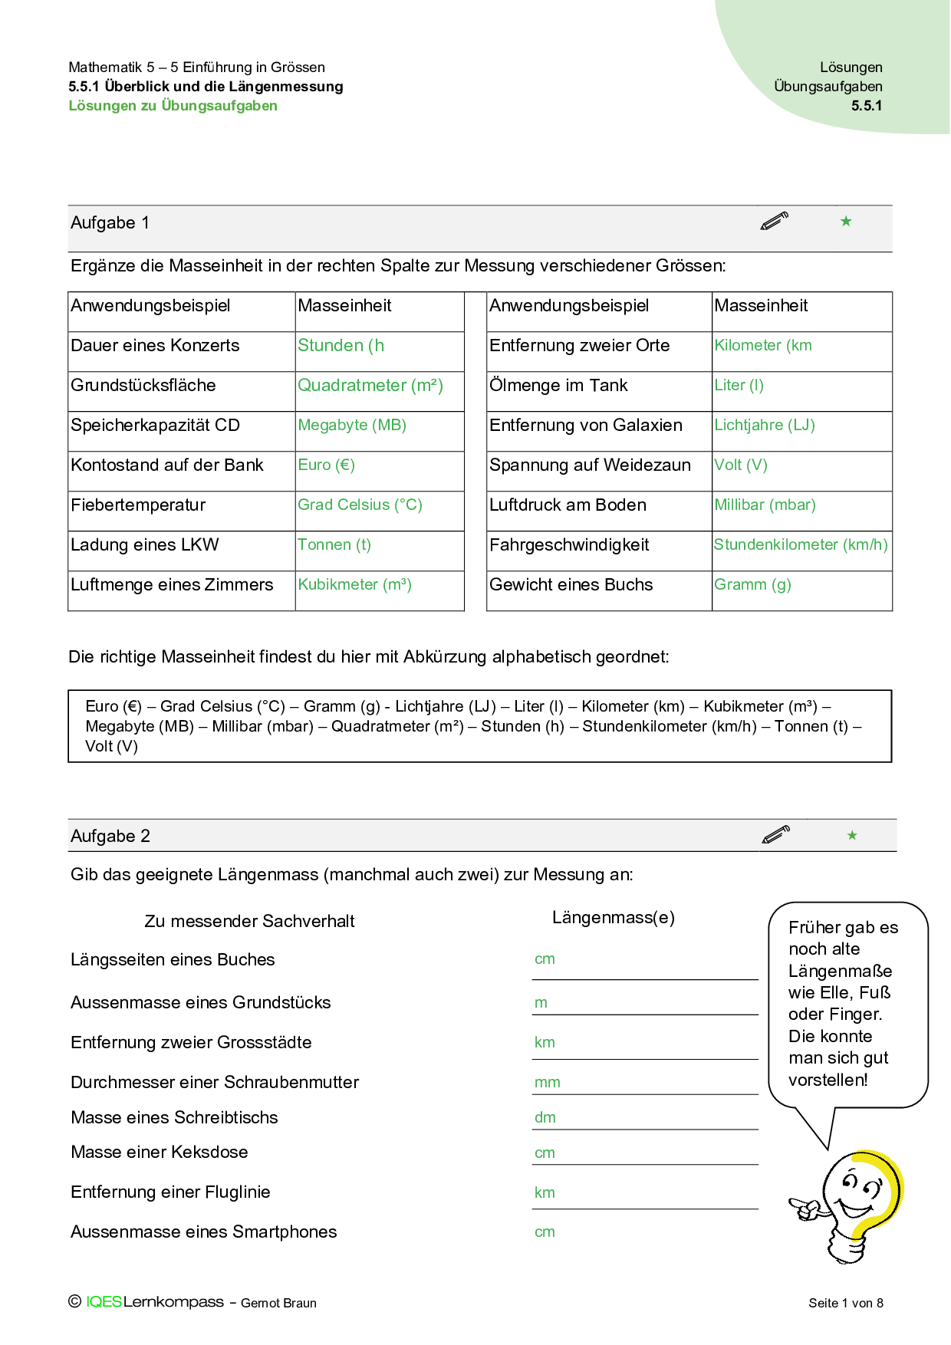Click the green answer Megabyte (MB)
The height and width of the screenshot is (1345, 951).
(x=352, y=426)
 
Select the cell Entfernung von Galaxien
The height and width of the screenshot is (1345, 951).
(x=586, y=426)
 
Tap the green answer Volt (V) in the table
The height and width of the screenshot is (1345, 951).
(x=741, y=465)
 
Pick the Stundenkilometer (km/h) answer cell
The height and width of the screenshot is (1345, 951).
(x=801, y=545)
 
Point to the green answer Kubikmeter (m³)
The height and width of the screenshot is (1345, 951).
(x=354, y=585)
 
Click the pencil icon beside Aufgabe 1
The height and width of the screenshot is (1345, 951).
(x=775, y=222)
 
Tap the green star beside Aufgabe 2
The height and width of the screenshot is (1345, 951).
(x=852, y=836)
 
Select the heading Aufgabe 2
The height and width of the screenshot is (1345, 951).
(x=110, y=837)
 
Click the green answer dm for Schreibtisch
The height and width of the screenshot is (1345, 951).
(x=545, y=1118)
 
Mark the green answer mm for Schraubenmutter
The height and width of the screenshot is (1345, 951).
(x=548, y=1083)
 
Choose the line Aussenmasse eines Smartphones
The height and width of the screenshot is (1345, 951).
(x=204, y=1232)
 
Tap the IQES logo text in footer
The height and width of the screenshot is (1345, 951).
(x=104, y=1302)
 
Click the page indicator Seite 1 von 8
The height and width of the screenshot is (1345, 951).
(x=846, y=1303)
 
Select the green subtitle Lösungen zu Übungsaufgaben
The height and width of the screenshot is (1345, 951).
(x=173, y=106)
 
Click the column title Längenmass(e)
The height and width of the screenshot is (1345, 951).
(x=614, y=918)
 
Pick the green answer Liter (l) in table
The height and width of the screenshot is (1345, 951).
(x=739, y=386)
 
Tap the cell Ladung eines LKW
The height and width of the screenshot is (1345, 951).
(x=145, y=545)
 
